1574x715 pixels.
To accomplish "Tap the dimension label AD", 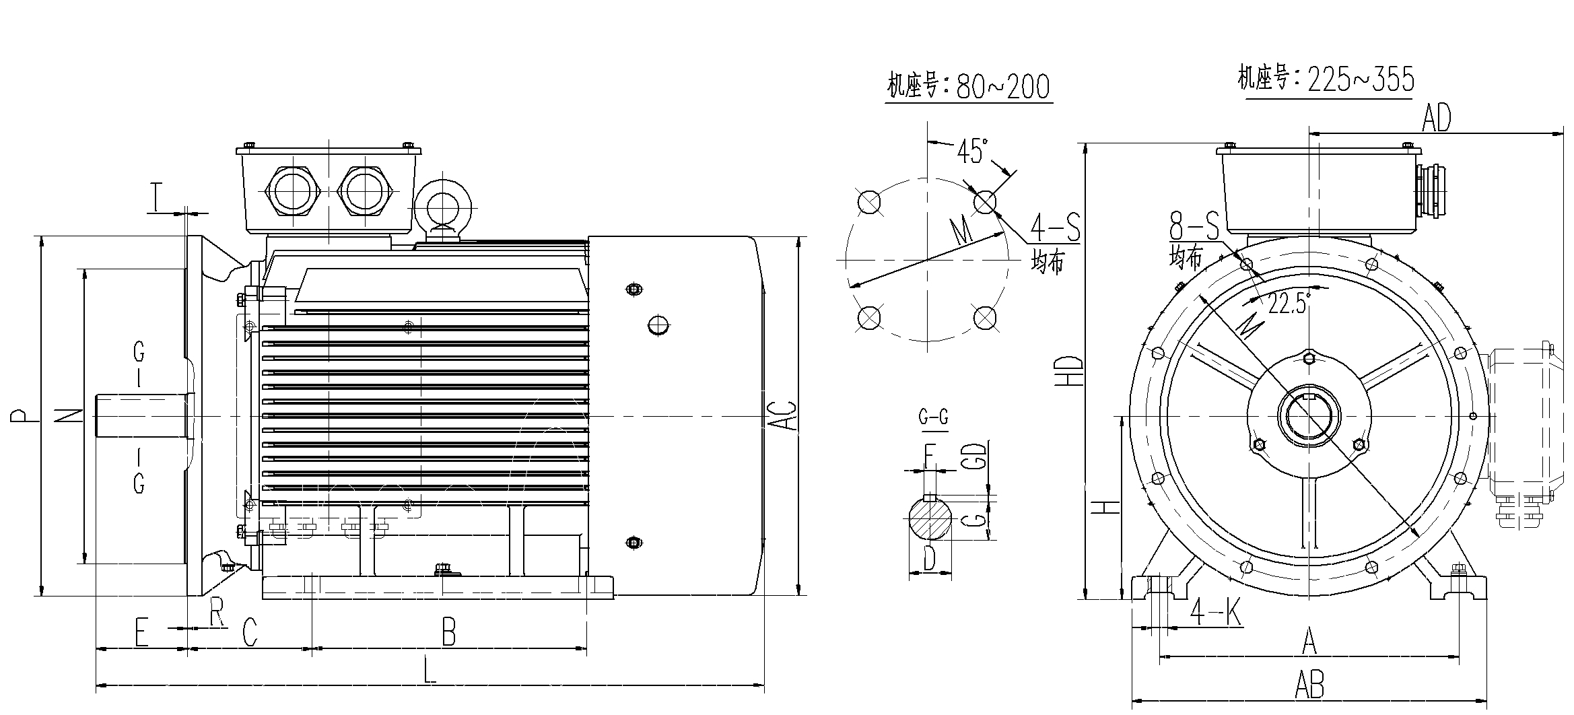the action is [x=1436, y=118].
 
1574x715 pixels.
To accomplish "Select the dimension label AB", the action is [x=1309, y=685].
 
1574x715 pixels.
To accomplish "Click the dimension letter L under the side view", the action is [x=430, y=671].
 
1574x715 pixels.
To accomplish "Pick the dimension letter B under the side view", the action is [x=448, y=632].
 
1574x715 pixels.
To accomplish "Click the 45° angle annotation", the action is [x=973, y=151].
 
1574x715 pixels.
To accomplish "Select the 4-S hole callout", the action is [x=1055, y=227].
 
